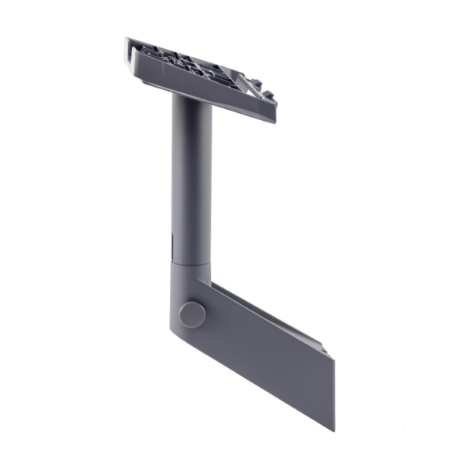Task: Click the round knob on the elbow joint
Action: [192, 314]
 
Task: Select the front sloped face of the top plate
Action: [197, 87]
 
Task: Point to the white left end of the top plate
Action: [129, 51]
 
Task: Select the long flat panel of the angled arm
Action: [269, 355]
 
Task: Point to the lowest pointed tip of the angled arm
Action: [333, 430]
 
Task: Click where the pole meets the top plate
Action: [191, 98]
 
